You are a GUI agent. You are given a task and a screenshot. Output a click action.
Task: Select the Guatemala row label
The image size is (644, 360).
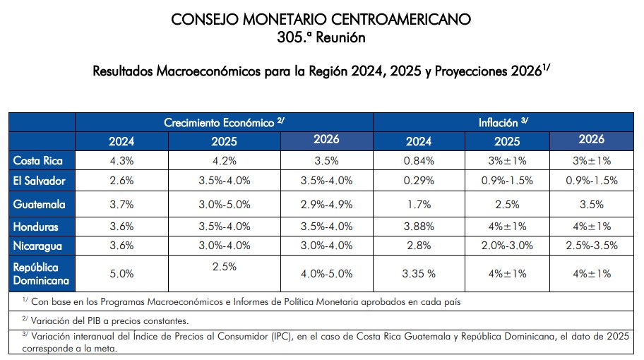point(39,205)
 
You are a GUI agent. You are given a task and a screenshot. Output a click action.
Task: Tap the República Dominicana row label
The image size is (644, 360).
point(40,273)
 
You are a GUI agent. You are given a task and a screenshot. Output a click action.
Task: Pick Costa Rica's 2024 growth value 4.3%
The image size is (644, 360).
point(121,160)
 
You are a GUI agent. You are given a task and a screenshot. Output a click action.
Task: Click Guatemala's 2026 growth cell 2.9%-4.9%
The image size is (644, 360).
point(326,205)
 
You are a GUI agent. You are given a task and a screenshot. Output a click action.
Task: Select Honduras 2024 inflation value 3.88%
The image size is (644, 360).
point(419,227)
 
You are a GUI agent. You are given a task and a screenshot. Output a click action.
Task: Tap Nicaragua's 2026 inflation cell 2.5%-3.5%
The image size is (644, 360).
point(591,246)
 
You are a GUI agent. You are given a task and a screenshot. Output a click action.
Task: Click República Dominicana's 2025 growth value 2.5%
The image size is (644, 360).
point(224,268)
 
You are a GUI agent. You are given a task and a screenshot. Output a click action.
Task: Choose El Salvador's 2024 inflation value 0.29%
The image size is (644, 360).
point(419,181)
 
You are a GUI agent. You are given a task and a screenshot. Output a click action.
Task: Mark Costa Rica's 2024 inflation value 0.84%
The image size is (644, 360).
point(419,160)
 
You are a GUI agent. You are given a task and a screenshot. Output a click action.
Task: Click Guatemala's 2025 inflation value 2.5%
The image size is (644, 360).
point(506,205)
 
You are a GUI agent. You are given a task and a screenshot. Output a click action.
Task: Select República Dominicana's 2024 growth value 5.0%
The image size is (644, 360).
point(121,273)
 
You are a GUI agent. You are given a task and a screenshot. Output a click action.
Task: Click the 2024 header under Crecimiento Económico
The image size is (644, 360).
point(121,141)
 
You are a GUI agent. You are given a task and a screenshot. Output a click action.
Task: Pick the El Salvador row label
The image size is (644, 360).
point(40,181)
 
